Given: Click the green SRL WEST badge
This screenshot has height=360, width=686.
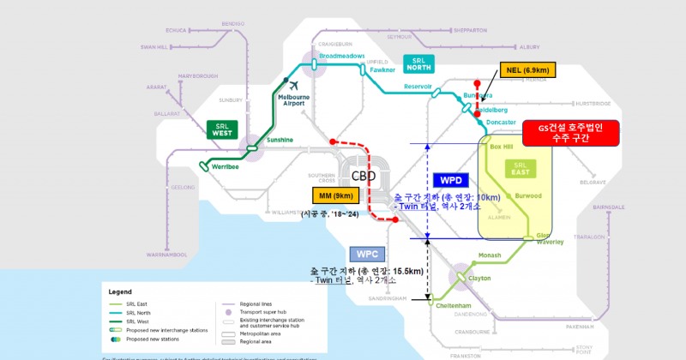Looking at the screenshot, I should pos(224,129).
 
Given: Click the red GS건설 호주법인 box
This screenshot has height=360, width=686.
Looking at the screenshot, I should pos(569,133).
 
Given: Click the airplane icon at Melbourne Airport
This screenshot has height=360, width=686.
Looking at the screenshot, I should pos(293,86).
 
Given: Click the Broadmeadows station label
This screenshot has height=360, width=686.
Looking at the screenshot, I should pos(341,57).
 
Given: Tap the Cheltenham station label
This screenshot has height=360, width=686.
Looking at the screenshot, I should pos(454,305).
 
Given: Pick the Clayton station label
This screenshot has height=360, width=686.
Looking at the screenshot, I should pos(479,278).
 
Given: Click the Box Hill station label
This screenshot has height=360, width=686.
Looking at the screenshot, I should pos(500,147).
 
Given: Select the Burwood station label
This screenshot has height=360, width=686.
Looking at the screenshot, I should pos(528,196).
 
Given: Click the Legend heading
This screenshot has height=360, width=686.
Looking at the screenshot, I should pos(119,291).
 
